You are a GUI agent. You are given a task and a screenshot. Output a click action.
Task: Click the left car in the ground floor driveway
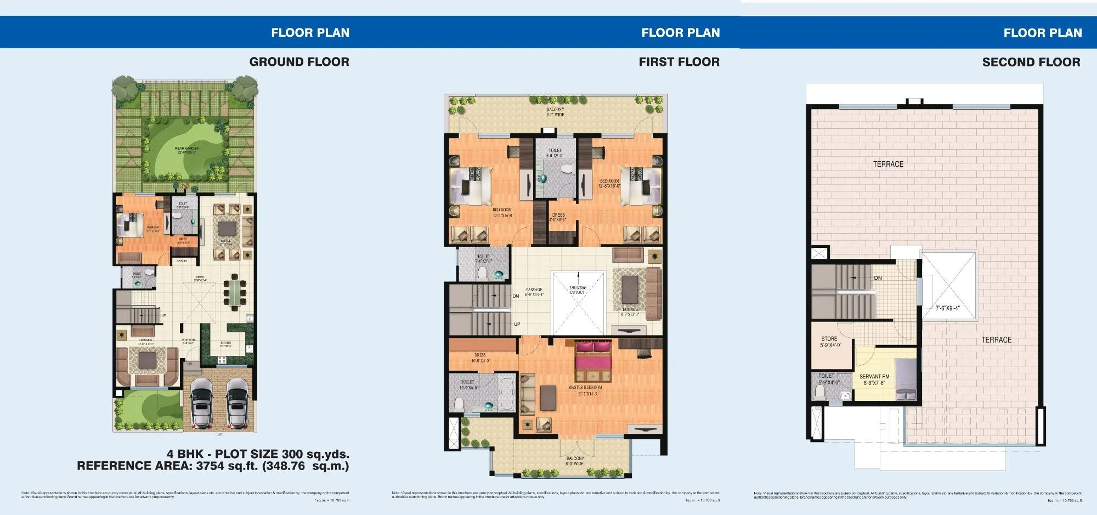coord(202,403)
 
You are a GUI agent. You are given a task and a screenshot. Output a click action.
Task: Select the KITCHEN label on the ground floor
coord(225,343)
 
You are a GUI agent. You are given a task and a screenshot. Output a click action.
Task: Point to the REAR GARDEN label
coord(187,149)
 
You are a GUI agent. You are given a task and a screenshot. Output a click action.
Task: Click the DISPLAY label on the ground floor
coord(182,261)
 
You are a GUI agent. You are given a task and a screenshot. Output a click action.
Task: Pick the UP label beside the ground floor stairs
coord(163,315)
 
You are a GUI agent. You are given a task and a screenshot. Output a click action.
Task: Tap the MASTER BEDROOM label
coord(585,387)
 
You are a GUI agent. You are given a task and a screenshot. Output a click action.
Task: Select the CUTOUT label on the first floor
coord(577,292)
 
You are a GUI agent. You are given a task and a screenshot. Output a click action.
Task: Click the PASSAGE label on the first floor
coord(534,290)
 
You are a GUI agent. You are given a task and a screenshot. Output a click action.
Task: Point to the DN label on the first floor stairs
coord(516,296)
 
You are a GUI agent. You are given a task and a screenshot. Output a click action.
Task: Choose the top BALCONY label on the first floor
coord(555,110)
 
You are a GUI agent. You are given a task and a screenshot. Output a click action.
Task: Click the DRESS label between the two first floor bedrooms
coord(558,215)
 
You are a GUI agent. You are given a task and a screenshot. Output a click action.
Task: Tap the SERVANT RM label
coord(874,377)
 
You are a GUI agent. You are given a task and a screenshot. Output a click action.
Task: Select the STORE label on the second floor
coord(829,339)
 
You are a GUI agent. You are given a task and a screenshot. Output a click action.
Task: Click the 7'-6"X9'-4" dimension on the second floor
coord(948,308)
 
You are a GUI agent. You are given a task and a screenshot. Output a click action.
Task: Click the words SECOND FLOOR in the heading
coord(1031,62)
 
